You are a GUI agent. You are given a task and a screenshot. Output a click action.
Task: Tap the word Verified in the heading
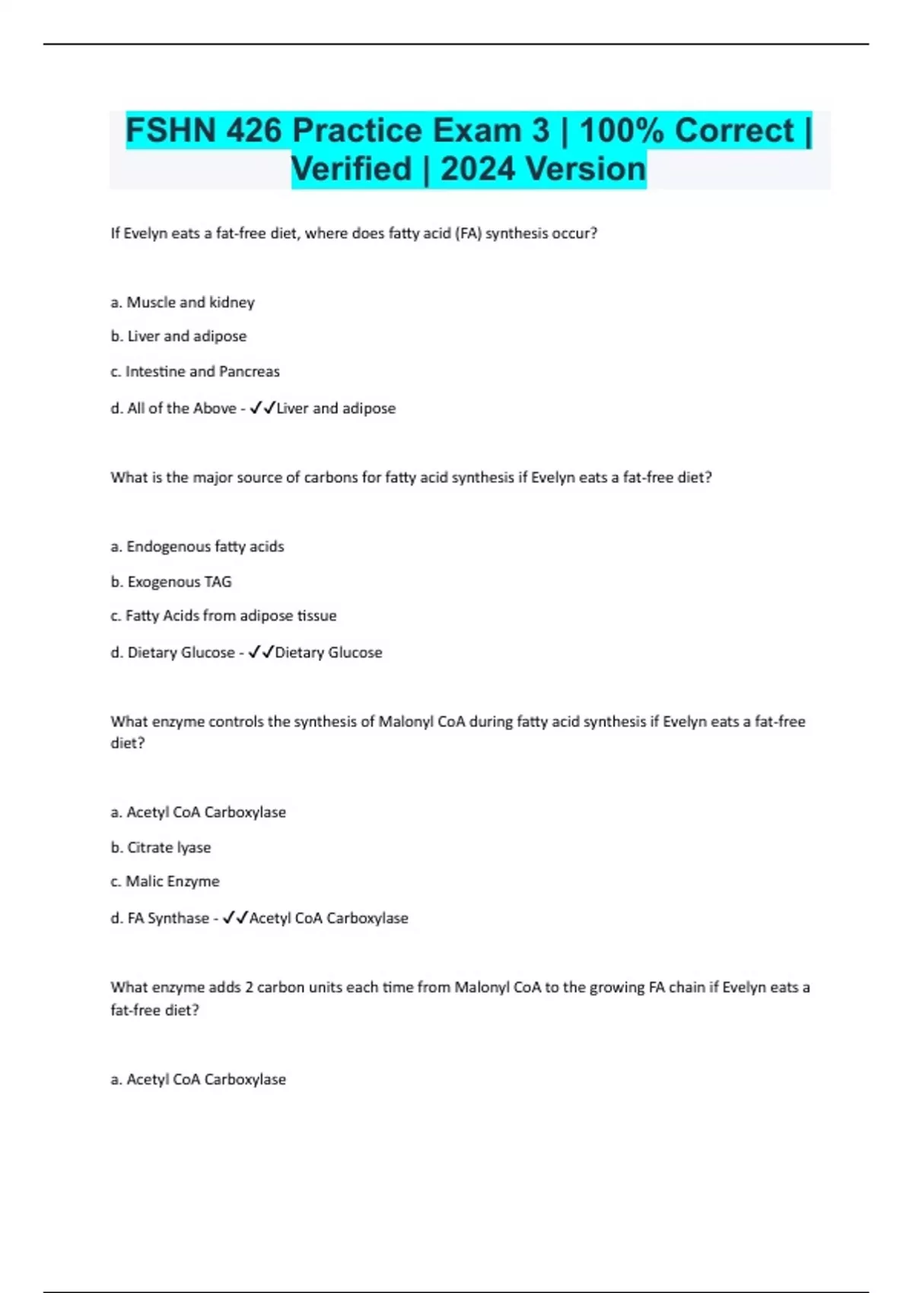tap(351, 169)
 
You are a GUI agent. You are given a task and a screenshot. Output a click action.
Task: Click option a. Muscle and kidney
tap(183, 303)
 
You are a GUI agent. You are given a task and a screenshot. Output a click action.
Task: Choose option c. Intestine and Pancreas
tap(195, 372)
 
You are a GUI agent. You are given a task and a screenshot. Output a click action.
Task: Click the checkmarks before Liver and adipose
tap(262, 408)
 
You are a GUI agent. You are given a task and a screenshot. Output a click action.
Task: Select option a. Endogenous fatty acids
tap(197, 547)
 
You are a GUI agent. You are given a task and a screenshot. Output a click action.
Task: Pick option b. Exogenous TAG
tap(171, 582)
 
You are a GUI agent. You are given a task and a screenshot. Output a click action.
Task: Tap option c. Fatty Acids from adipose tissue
tap(224, 616)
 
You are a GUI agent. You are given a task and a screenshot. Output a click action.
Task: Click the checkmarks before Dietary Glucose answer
tap(261, 653)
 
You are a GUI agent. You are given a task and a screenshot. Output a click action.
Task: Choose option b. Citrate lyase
tap(161, 847)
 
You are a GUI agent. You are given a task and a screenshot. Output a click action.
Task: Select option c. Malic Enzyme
tap(165, 882)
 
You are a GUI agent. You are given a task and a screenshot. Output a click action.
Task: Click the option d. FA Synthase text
tap(160, 919)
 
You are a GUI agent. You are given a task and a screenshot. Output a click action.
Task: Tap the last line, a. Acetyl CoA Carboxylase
tap(199, 1079)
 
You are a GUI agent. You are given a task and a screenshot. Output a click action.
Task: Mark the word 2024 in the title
tap(478, 169)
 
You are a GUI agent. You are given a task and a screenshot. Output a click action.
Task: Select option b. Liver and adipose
tap(179, 336)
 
